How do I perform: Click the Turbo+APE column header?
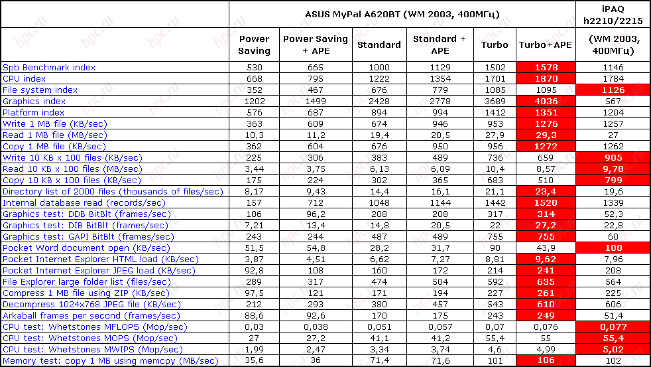(545, 44)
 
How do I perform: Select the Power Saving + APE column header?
(315, 44)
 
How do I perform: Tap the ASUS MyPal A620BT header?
(402, 14)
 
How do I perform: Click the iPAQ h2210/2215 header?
(613, 14)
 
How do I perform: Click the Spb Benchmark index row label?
(49, 67)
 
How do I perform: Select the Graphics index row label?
(34, 101)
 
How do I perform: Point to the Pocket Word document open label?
(66, 248)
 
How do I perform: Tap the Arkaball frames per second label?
(91, 315)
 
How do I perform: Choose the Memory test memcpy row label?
(111, 360)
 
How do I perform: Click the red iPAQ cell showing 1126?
(613, 90)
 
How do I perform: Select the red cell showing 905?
(613, 157)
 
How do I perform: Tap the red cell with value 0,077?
(613, 327)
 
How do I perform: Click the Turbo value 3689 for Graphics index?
(495, 101)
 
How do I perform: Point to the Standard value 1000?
(379, 67)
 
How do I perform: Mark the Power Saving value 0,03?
(254, 327)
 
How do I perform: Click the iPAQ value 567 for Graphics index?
(613, 101)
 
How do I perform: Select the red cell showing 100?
(613, 248)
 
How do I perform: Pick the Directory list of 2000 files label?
(113, 191)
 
